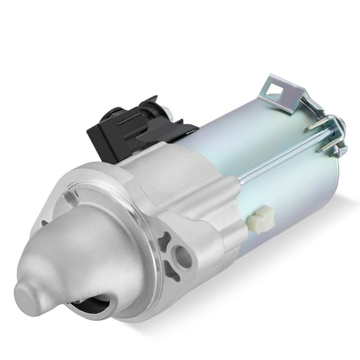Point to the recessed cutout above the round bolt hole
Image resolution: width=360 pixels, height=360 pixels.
[166, 241]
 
